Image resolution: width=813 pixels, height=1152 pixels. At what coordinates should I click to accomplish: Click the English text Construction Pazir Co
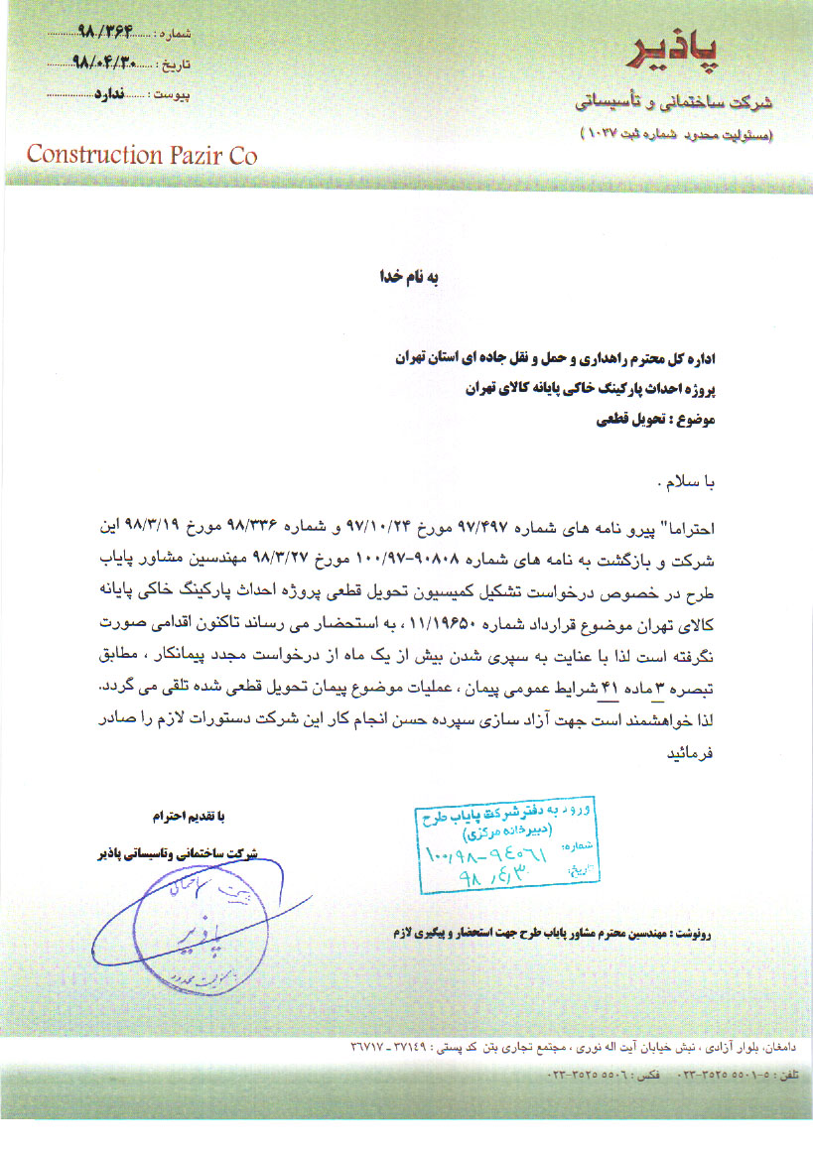tap(142, 156)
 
